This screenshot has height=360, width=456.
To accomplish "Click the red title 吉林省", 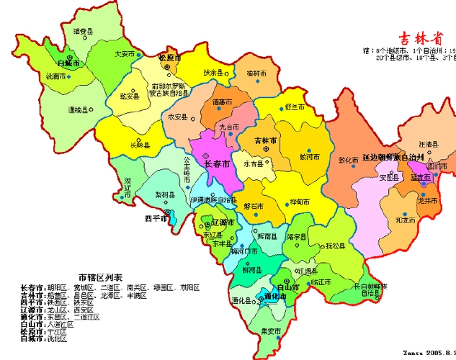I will pos(421,37).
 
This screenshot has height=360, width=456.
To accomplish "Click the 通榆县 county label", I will pos(79,110).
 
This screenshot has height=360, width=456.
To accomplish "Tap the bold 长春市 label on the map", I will pos(218,163).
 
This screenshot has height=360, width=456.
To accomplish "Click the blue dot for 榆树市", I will pos(256,81).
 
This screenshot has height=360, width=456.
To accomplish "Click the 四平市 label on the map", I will pos(156,218).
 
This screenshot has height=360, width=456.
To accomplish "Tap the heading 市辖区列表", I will pos(101,277).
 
